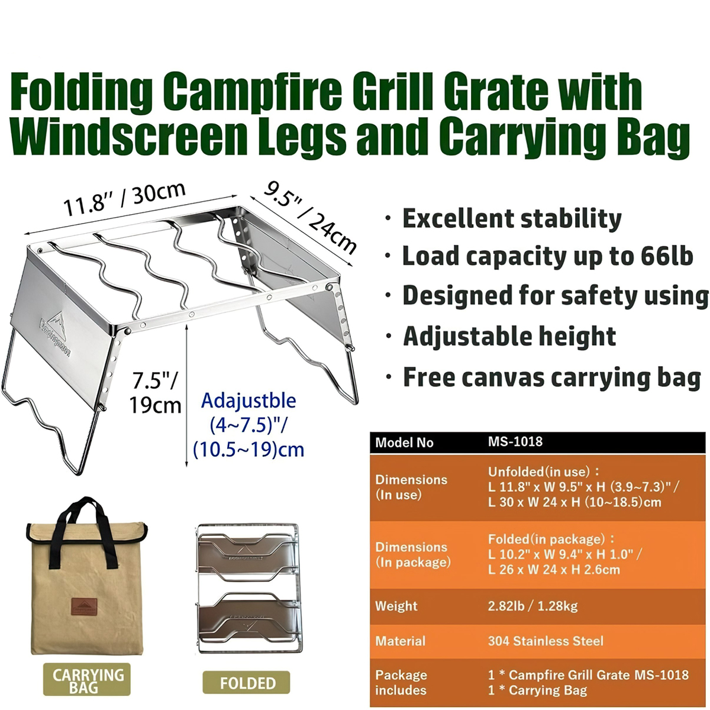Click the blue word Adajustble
(x=248, y=401)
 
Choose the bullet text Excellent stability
(x=512, y=218)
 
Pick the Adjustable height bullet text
(x=509, y=337)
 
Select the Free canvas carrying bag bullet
(x=551, y=377)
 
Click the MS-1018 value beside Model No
(x=515, y=442)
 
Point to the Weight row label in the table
(x=396, y=606)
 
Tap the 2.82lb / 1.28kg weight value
(x=532, y=606)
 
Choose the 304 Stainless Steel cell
(x=546, y=641)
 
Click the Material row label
(x=400, y=641)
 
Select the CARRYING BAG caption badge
(x=88, y=680)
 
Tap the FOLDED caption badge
(x=247, y=683)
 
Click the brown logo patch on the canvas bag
(x=84, y=609)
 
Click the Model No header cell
(x=404, y=442)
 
